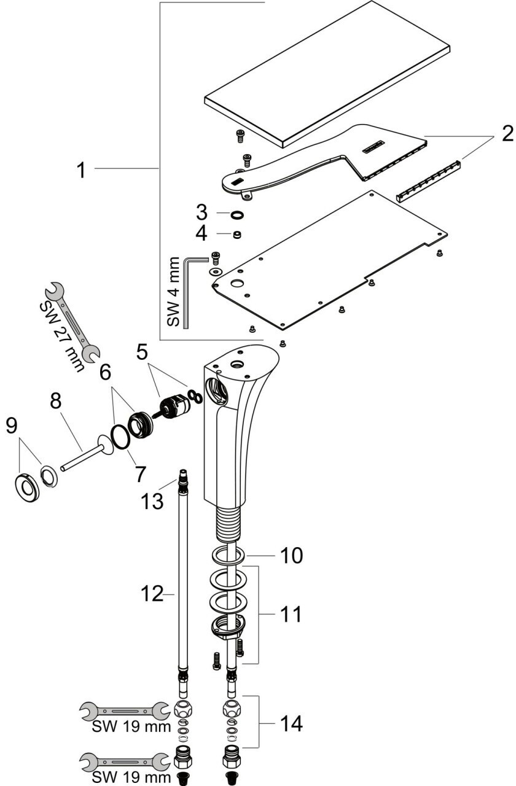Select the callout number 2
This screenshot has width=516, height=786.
pyautogui.click(x=506, y=134)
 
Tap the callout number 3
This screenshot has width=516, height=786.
pyautogui.click(x=201, y=214)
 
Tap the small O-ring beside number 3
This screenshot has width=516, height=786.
pyautogui.click(x=237, y=214)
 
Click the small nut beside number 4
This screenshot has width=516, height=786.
pyautogui.click(x=237, y=234)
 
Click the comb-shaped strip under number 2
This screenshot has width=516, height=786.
pyautogui.click(x=429, y=182)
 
